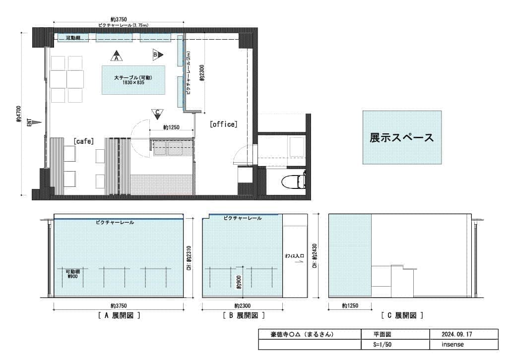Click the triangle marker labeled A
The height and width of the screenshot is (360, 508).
click(117, 56)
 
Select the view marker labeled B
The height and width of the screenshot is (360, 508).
click(157, 55)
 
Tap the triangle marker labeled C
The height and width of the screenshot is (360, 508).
click(157, 114)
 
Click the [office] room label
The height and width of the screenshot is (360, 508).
click(224, 124)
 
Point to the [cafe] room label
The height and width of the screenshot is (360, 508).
click(83, 141)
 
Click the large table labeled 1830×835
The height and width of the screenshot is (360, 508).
click(133, 80)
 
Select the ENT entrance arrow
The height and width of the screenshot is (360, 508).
click(37, 122)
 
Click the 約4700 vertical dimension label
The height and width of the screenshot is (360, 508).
click(19, 114)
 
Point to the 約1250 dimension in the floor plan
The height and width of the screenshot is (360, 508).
click(171, 127)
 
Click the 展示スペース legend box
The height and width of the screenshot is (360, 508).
click(402, 137)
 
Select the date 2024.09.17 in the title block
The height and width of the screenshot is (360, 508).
click(457, 334)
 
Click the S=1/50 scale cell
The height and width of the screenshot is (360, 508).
click(382, 345)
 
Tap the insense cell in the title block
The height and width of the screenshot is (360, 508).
click(452, 345)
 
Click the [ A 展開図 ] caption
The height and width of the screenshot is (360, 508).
click(119, 315)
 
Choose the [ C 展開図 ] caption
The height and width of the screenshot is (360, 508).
click(402, 315)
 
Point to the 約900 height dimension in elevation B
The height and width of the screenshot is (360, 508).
click(239, 282)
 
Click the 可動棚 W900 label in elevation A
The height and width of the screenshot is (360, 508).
click(72, 274)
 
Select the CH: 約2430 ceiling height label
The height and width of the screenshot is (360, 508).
click(315, 256)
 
